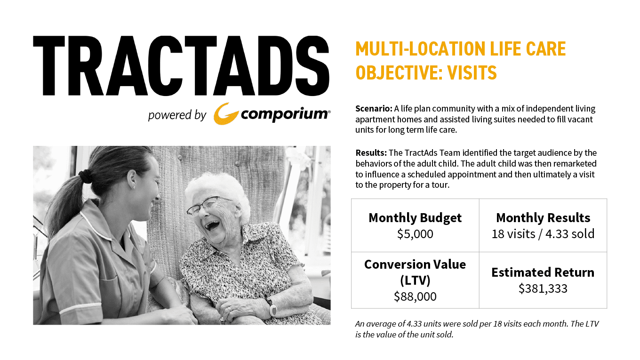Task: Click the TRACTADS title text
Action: click(x=181, y=66)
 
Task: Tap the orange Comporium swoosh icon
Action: click(x=226, y=114)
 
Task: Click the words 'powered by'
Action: click(x=177, y=115)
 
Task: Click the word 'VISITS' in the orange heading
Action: click(x=472, y=72)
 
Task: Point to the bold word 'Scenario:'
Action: click(x=374, y=109)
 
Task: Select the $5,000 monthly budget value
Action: click(x=415, y=234)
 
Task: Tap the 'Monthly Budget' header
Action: click(x=415, y=218)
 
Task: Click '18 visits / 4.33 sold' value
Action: click(x=543, y=234)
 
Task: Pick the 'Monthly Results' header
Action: click(x=543, y=218)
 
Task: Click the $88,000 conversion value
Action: click(x=415, y=296)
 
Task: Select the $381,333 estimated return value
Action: click(x=543, y=288)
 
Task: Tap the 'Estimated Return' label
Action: click(x=543, y=272)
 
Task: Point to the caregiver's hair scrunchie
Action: click(x=85, y=176)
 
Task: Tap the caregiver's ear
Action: click(x=132, y=179)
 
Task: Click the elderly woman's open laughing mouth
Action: click(x=212, y=225)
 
